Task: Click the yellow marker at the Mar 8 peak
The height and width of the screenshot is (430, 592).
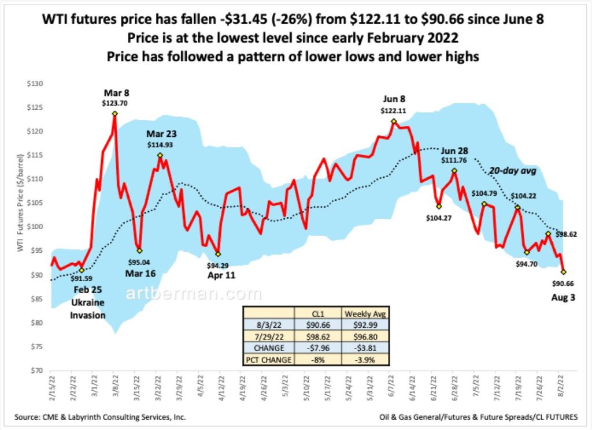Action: pyautogui.click(x=115, y=114)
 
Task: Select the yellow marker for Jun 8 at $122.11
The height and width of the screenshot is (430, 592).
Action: pyautogui.click(x=394, y=121)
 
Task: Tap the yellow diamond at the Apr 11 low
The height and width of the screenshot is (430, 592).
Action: pyautogui.click(x=218, y=254)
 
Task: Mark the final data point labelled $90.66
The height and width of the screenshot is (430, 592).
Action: pyautogui.click(x=563, y=272)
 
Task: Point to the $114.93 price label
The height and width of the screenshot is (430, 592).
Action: pyautogui.click(x=160, y=144)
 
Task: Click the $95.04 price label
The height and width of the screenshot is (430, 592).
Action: pyautogui.click(x=139, y=262)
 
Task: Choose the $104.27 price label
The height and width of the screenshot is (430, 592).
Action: pyautogui.click(x=439, y=218)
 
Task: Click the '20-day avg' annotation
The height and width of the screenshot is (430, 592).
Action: pyautogui.click(x=513, y=171)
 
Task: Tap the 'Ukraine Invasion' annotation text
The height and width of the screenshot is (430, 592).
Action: pyautogui.click(x=88, y=309)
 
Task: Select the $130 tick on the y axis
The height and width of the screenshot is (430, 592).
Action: pyautogui.click(x=35, y=84)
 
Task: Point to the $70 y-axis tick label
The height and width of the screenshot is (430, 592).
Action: pyautogui.click(x=36, y=371)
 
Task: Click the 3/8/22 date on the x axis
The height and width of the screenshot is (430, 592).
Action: pyautogui.click(x=114, y=385)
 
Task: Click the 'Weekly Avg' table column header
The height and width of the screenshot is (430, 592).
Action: pyautogui.click(x=365, y=313)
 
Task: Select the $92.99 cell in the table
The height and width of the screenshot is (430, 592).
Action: pyautogui.click(x=365, y=324)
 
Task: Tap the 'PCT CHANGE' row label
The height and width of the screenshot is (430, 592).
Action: pyautogui.click(x=268, y=360)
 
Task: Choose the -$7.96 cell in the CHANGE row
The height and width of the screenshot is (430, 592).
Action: pyautogui.click(x=318, y=348)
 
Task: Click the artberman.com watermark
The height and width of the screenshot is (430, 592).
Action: pyautogui.click(x=193, y=293)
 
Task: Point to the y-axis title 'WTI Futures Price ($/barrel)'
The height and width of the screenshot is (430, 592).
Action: pyautogui.click(x=20, y=203)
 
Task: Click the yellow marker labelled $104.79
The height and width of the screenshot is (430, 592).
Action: pyautogui.click(x=484, y=204)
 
